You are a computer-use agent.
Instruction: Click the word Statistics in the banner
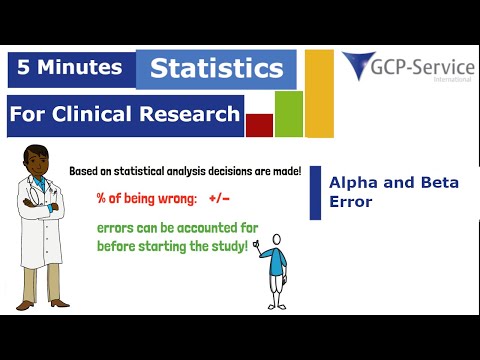[x=216, y=70]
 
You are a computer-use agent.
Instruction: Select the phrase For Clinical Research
[x=124, y=114]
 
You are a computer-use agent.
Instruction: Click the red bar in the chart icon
[x=259, y=125]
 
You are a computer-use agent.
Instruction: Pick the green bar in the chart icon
[x=289, y=114]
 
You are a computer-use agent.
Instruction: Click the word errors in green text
[x=118, y=228]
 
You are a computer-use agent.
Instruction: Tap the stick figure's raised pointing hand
[x=257, y=242]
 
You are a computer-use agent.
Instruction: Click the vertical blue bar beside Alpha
[x=312, y=192]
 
